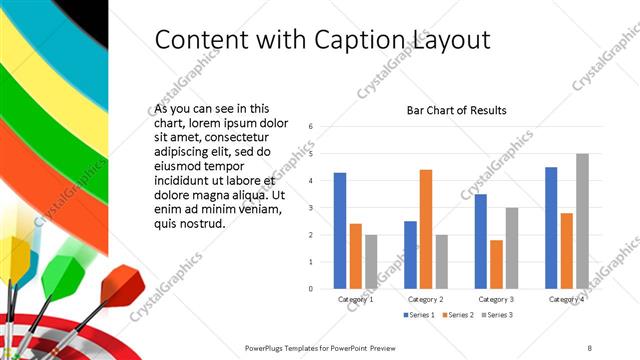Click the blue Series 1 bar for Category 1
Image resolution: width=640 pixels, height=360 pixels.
[340, 231]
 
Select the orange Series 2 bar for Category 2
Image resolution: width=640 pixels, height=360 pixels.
[426, 229]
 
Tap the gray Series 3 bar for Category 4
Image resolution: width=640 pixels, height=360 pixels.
[582, 221]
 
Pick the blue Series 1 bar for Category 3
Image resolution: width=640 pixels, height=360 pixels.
[481, 241]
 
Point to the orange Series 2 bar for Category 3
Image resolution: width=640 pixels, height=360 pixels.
[496, 264]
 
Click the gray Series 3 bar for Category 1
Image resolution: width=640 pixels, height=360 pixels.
[371, 262]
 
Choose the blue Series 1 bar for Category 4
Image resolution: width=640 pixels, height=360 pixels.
[551, 228]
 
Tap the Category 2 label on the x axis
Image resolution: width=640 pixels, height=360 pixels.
[426, 298]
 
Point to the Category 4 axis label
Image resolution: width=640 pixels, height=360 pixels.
[566, 298]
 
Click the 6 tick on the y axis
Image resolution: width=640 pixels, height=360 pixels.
[312, 127]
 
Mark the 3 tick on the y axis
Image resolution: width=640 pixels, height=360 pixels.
[312, 208]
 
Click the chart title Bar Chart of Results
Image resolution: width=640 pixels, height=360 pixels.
[456, 110]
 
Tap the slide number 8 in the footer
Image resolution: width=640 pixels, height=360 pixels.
[589, 347]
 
